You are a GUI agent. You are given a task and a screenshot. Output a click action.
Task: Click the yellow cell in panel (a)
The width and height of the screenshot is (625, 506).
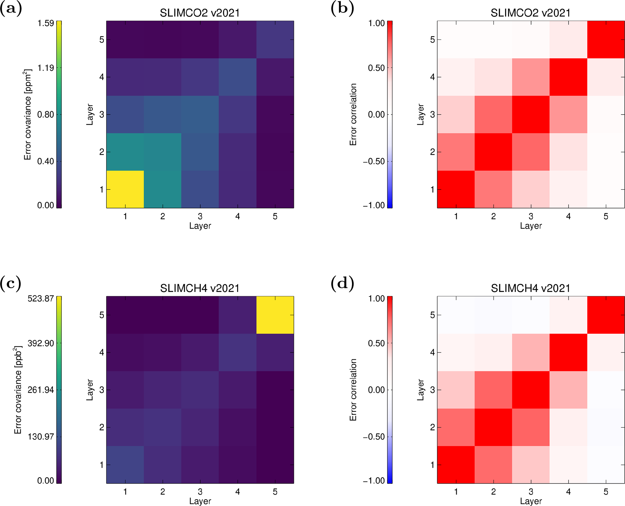[125, 189]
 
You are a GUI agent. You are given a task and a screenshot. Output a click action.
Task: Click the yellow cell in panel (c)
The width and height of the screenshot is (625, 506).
[275, 315]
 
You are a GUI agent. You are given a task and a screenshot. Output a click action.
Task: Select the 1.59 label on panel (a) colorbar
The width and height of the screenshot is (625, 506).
[45, 23]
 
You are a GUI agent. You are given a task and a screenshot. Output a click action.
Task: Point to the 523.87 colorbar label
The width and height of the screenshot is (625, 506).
[41, 299]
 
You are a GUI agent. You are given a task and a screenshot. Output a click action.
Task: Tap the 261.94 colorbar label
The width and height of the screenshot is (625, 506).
[41, 390]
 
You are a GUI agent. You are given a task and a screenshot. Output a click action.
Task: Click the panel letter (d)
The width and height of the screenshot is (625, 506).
[342, 284]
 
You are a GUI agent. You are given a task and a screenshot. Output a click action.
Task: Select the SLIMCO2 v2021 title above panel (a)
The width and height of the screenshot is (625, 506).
[200, 13]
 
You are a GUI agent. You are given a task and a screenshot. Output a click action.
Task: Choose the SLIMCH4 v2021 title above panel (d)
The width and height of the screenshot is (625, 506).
[530, 288]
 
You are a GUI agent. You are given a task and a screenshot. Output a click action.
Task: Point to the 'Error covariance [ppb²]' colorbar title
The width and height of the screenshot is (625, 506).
[18, 390]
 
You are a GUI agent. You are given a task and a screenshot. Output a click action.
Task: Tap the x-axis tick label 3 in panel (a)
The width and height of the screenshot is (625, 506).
[200, 216]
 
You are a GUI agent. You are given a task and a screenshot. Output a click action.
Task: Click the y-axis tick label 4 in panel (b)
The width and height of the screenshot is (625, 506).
[432, 77]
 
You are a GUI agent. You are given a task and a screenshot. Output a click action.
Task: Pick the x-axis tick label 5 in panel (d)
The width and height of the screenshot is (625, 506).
[606, 492]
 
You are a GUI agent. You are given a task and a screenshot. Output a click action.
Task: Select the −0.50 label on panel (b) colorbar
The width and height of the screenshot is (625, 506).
[374, 161]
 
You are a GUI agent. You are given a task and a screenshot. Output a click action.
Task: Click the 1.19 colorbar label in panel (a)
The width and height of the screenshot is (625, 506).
[45, 68]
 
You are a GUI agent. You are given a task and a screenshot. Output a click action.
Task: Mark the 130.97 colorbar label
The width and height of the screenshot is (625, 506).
[41, 436]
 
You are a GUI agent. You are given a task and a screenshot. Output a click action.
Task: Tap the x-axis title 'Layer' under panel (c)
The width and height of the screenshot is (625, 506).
[200, 501]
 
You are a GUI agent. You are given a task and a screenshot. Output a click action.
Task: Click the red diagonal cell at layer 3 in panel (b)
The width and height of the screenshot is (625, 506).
[531, 114]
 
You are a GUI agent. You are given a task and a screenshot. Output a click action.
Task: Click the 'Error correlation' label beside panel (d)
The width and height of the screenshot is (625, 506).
[353, 390]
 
